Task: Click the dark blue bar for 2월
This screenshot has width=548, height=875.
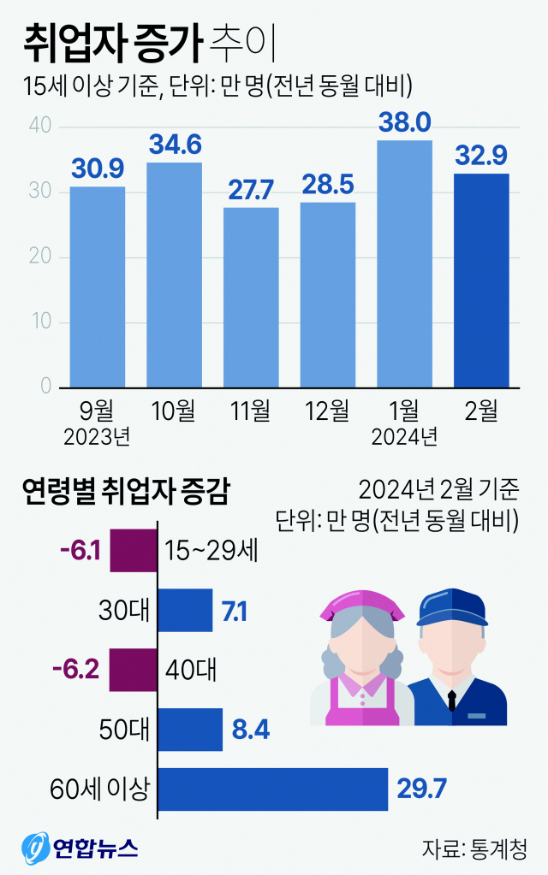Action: pos(481,280)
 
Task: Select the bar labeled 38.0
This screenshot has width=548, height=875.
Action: pos(405,263)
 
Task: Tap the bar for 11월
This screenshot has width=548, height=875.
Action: pos(251,297)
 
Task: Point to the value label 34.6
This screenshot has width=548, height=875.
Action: pos(175,145)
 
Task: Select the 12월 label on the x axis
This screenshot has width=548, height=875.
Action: pos(328,411)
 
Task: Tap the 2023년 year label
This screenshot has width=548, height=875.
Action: pos(97,437)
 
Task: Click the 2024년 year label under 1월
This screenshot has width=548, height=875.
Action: pos(404,437)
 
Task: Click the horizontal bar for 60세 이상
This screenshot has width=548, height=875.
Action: pos(272,788)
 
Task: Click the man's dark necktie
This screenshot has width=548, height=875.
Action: pos(450,697)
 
